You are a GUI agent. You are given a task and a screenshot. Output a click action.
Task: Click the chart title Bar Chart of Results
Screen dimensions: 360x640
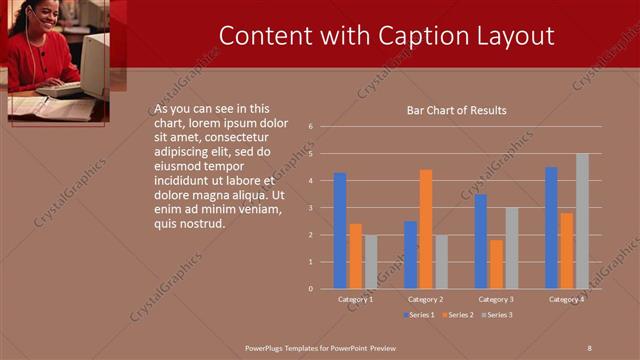[456, 110]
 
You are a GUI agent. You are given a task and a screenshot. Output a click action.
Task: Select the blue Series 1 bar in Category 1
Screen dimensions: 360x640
[340, 230]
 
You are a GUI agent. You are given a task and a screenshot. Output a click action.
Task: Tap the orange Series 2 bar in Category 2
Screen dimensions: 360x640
[426, 229]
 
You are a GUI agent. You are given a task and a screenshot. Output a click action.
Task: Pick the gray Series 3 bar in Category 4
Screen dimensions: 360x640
[582, 221]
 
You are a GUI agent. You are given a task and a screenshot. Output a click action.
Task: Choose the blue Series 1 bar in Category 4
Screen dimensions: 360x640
[552, 227]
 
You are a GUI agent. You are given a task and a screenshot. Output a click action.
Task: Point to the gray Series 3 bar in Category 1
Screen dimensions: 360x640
[370, 262]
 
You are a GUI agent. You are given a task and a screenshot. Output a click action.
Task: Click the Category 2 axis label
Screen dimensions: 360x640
[426, 299]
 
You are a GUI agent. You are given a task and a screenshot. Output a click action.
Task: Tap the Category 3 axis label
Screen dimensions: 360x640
[496, 299]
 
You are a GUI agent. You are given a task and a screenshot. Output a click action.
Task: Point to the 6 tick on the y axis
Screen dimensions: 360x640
[311, 127]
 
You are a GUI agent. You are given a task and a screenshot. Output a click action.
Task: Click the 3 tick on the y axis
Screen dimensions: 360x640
[311, 208]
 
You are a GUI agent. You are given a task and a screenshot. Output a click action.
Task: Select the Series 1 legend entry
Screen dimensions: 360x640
[420, 315]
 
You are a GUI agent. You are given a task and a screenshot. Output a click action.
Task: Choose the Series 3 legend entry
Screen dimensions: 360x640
[496, 315]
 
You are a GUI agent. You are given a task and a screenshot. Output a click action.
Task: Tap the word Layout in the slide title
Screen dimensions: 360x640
[511, 36]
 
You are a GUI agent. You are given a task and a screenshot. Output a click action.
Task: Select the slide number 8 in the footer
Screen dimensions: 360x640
[589, 347]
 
